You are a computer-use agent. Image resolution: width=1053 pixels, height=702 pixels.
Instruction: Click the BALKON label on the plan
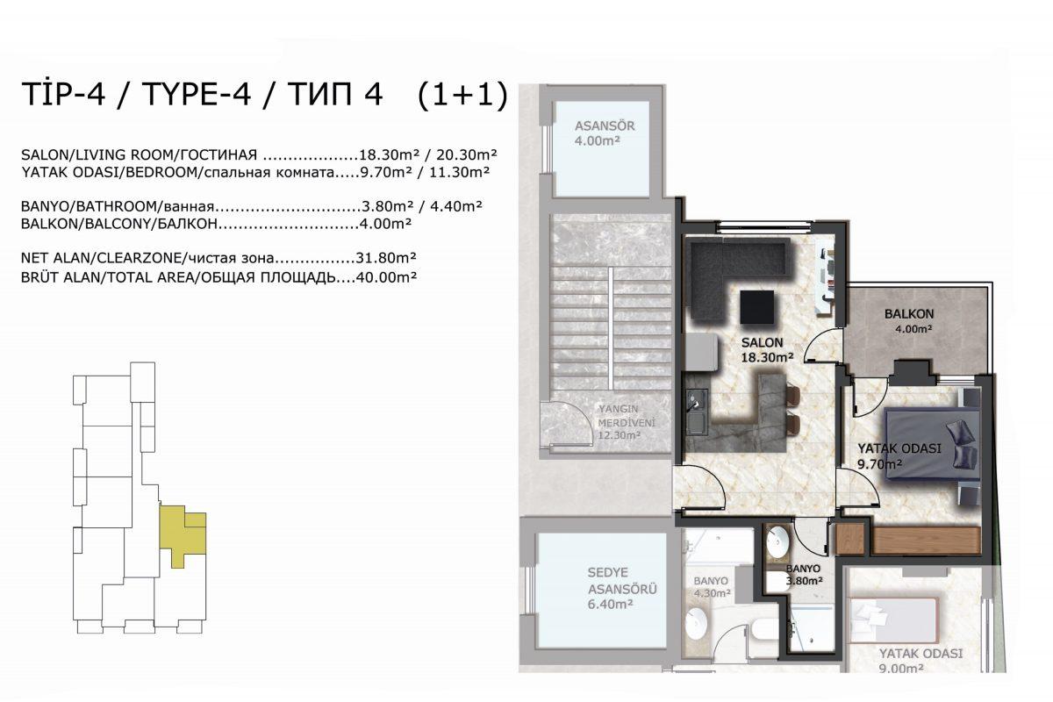[x=909, y=313]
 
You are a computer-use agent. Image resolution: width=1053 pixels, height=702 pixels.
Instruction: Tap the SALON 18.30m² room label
[x=768, y=350]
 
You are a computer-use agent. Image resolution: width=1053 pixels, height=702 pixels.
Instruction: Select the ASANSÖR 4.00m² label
[x=605, y=133]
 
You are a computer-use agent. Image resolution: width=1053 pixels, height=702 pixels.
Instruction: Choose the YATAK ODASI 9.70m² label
[x=899, y=456]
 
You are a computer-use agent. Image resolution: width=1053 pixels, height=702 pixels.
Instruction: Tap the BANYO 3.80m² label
[x=804, y=574]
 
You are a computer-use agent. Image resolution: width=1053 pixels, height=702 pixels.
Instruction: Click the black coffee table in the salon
[x=756, y=308]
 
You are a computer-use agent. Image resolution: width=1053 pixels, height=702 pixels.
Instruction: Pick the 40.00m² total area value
[x=386, y=277]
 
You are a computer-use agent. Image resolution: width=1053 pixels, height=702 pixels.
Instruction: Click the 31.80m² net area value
[x=386, y=258]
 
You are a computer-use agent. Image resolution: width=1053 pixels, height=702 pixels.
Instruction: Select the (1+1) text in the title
[x=462, y=95]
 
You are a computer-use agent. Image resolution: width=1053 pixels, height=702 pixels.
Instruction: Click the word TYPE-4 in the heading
[x=196, y=94]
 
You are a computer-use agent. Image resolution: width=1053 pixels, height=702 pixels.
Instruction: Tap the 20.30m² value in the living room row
[x=467, y=154]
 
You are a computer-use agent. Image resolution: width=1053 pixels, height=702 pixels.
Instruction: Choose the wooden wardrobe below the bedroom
[x=907, y=540]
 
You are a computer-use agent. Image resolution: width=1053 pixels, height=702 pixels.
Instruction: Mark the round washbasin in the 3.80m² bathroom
[x=777, y=541]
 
